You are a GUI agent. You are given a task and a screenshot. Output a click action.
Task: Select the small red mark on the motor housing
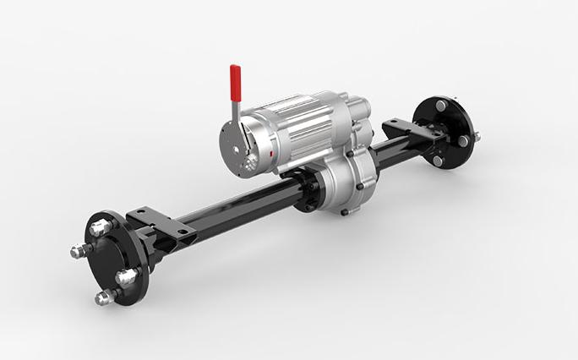tap(270, 155)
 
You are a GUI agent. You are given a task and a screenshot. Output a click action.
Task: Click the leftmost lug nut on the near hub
tap(79, 251)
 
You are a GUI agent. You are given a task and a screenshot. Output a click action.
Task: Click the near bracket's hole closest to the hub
tap(139, 212)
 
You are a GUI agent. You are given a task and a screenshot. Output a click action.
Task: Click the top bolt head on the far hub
tap(440, 106)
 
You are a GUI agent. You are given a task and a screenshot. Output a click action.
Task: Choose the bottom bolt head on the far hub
tap(438, 160)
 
